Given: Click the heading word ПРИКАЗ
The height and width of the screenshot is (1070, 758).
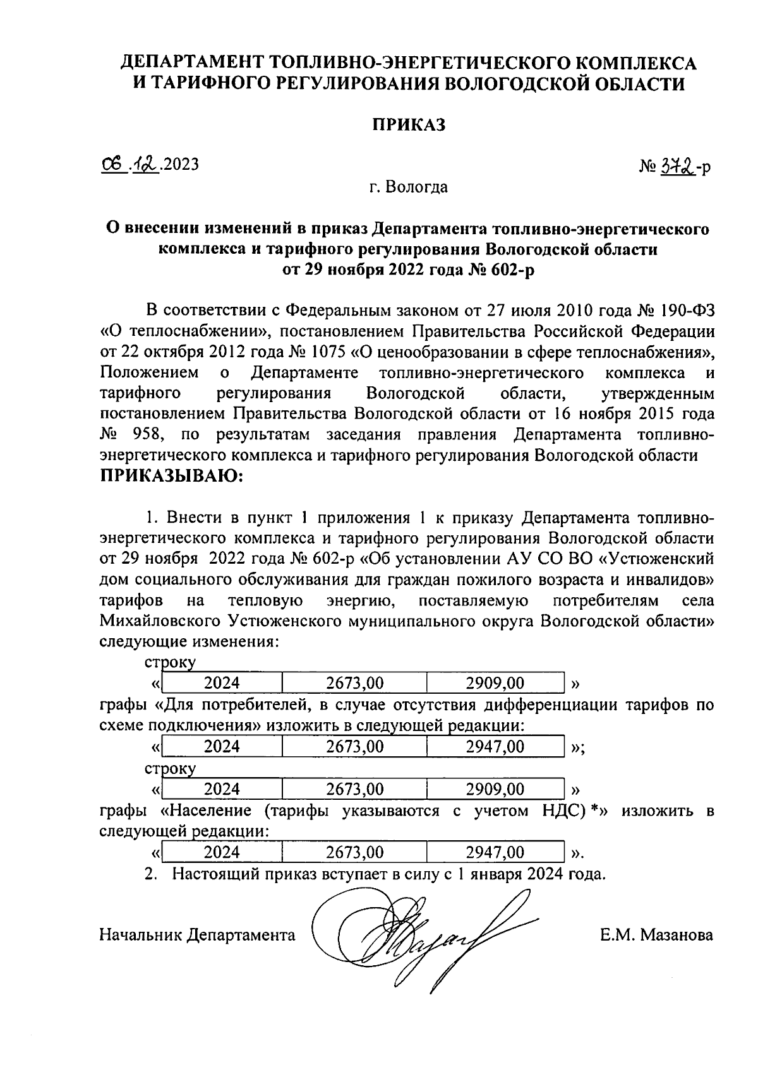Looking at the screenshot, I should pyautogui.click(x=407, y=124).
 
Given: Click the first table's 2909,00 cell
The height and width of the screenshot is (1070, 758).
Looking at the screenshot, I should pyautogui.click(x=495, y=683).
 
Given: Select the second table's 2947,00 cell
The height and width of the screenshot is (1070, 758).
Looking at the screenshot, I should pyautogui.click(x=495, y=747).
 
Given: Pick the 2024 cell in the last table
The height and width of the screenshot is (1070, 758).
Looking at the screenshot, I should pyautogui.click(x=222, y=853).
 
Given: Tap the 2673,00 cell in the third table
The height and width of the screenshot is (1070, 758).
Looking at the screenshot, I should pyautogui.click(x=354, y=789).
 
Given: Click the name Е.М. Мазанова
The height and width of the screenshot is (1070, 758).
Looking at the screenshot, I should pyautogui.click(x=657, y=935).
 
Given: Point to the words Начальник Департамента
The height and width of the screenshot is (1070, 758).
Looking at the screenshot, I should pyautogui.click(x=197, y=935).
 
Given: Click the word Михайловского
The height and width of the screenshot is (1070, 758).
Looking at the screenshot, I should pyautogui.click(x=158, y=621).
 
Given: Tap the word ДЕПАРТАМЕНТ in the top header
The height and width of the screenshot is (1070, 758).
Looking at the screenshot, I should pyautogui.click(x=193, y=62).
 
